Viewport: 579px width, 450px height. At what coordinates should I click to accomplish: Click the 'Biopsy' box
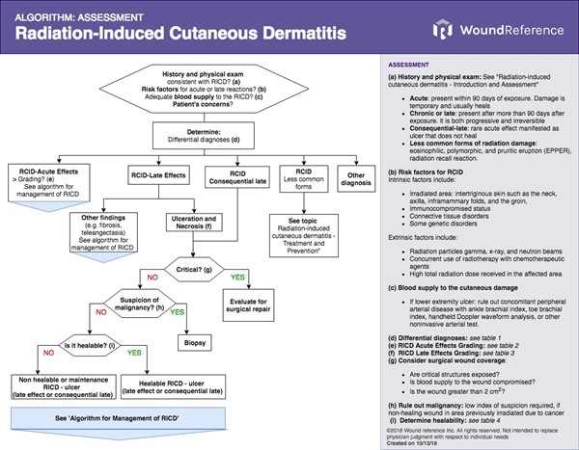(x=194, y=342)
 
